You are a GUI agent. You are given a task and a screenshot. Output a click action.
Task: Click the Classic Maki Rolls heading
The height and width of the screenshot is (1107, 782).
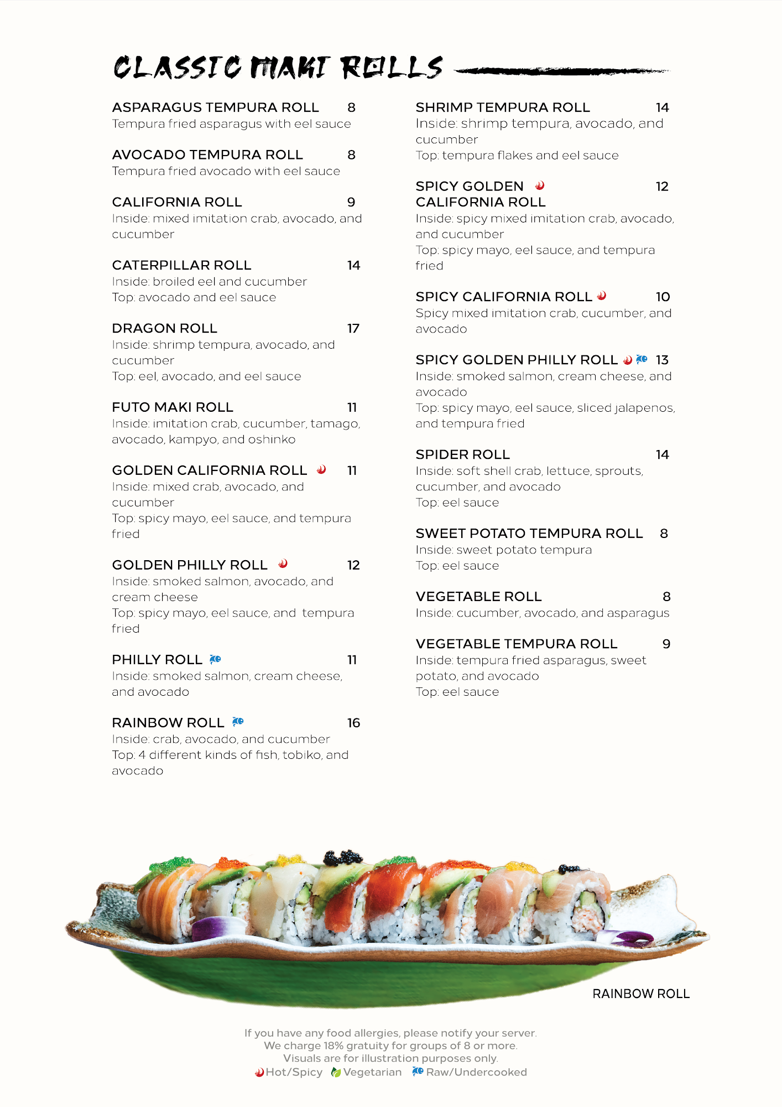coord(278,68)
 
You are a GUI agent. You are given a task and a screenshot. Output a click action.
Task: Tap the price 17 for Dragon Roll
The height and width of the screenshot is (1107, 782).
coord(353,329)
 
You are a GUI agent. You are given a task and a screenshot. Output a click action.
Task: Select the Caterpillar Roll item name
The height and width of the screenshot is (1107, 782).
coord(181,266)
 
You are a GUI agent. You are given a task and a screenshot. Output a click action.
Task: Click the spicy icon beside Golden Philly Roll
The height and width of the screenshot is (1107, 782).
coord(283,564)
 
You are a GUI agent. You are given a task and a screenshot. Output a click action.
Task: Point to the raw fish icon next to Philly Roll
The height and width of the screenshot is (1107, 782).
coord(215,659)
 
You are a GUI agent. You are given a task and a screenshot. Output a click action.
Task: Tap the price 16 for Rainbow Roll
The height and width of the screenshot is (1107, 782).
coord(353,723)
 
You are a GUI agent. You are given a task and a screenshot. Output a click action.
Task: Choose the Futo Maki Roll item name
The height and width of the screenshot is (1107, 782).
coord(173,407)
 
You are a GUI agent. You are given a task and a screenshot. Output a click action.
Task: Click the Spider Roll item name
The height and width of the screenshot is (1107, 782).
coord(462,455)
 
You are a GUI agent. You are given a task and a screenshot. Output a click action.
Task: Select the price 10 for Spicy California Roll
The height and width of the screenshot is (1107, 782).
coord(663,297)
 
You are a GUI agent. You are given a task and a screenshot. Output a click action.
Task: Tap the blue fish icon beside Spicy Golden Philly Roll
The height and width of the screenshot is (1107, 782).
coord(642,360)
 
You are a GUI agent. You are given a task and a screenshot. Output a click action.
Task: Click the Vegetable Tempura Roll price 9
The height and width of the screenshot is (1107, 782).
coord(666,644)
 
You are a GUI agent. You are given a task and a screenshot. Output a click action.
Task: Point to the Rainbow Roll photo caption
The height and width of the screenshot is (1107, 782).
coord(640,994)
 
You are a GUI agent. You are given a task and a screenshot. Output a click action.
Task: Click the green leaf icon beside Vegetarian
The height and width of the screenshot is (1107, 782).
coord(336,1073)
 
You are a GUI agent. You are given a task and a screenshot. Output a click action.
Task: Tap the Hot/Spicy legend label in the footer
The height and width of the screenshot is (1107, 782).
coord(294,1073)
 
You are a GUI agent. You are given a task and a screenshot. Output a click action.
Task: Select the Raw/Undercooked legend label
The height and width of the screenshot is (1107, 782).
coord(476,1073)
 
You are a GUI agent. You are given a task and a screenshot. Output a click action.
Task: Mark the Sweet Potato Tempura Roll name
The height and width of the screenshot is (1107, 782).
coord(529,534)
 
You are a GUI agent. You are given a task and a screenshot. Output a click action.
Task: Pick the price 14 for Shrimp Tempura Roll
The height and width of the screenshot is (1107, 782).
coord(662,108)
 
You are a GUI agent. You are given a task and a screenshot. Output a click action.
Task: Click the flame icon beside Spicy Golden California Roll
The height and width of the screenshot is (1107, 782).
coord(540,186)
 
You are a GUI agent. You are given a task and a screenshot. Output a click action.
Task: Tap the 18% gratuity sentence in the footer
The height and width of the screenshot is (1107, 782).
coord(390,1046)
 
